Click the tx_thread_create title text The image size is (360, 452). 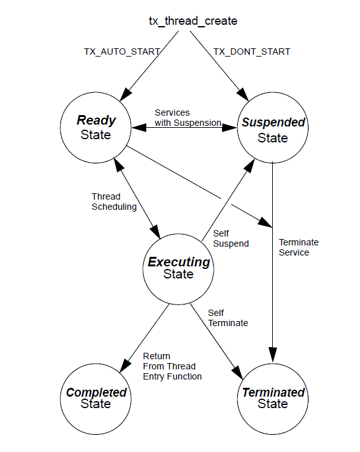click(x=188, y=21)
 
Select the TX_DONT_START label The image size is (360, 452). click(x=252, y=51)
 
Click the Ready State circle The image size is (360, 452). click(x=96, y=127)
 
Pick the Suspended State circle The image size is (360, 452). click(x=273, y=130)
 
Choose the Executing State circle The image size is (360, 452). click(x=178, y=268)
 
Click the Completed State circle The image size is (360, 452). click(x=96, y=398)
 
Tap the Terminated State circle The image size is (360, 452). click(x=273, y=398)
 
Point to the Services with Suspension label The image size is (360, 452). click(x=188, y=118)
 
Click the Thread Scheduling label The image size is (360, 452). click(x=114, y=202)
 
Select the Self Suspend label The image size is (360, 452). click(x=230, y=238)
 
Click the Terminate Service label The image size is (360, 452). click(x=298, y=247)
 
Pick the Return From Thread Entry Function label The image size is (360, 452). click(x=172, y=367)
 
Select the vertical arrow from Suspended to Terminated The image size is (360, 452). click(x=273, y=254)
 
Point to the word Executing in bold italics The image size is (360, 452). click(x=179, y=262)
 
